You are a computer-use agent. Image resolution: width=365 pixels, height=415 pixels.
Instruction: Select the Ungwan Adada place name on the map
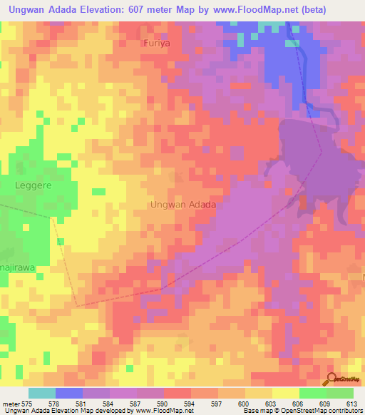(183, 205)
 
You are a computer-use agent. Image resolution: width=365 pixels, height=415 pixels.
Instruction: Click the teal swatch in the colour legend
(42, 393)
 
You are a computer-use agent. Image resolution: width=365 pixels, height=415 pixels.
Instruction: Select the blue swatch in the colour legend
(69, 393)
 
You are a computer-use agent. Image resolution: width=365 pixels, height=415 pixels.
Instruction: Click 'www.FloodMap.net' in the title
(262, 10)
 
